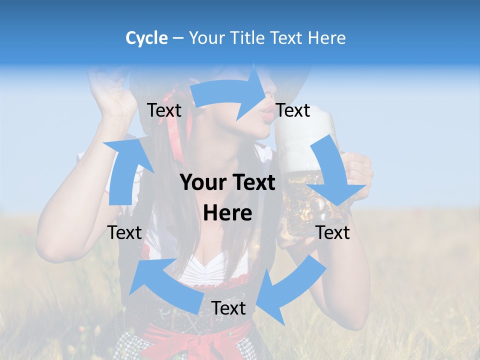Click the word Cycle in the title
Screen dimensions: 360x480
point(146,38)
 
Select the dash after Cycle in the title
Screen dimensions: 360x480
point(178,38)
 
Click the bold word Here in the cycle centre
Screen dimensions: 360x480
point(227,213)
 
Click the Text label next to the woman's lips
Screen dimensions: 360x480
point(293,110)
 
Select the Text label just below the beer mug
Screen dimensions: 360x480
point(333,232)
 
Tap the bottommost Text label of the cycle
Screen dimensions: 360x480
point(228,308)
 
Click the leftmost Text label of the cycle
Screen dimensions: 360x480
point(124,232)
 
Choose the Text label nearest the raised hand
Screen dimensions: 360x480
point(164,110)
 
